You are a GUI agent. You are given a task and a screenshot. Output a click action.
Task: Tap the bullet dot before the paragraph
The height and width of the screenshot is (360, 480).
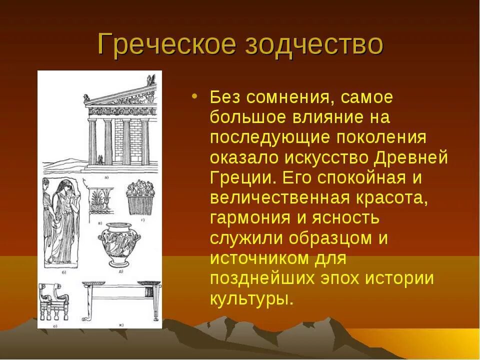tap(194, 95)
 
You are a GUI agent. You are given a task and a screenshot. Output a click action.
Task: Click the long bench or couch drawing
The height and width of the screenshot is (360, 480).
tap(121, 298)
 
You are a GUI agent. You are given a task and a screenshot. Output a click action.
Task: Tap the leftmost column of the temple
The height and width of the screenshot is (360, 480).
tap(92, 141)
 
